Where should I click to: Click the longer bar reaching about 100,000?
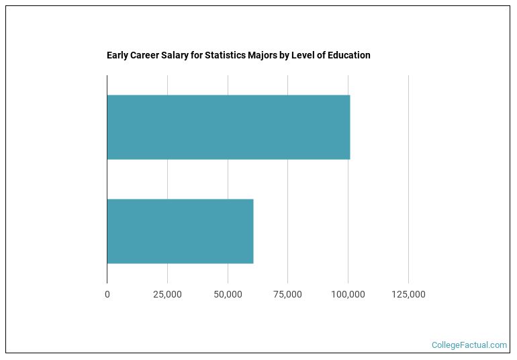pyautogui.click(x=228, y=127)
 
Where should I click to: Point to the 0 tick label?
pyautogui.click(x=107, y=294)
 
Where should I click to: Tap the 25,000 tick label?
pyautogui.click(x=167, y=294)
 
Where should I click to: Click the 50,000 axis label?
pyautogui.click(x=228, y=294)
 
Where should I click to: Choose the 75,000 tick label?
pyautogui.click(x=287, y=294)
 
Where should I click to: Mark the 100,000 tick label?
pyautogui.click(x=348, y=294)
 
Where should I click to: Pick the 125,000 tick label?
pyautogui.click(x=408, y=294)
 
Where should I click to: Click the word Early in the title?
pyautogui.click(x=117, y=55)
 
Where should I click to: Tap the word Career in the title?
pyautogui.click(x=146, y=55)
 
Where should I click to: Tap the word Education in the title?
pyautogui.click(x=349, y=55)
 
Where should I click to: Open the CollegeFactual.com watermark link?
pyautogui.click(x=469, y=345)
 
